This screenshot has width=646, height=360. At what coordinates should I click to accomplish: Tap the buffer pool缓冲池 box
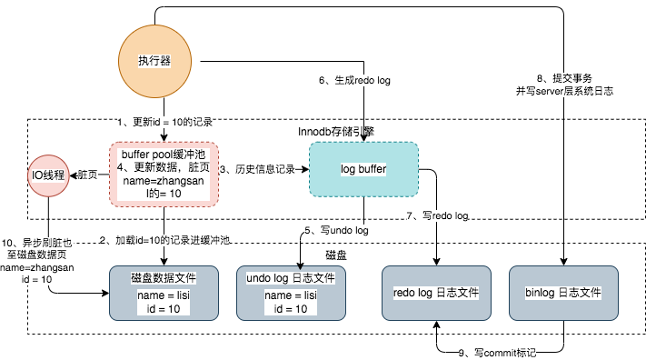(x=164, y=175)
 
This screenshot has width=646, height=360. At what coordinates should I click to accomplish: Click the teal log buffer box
(x=363, y=170)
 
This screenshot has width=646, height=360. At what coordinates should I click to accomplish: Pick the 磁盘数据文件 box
(x=164, y=293)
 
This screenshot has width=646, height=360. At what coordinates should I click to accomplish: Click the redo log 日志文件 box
(x=438, y=293)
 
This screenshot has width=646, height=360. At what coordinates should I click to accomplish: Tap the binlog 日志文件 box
(x=564, y=293)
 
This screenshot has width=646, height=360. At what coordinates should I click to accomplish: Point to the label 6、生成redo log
(x=354, y=81)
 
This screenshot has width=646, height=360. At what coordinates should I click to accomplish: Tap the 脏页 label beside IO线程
(x=87, y=174)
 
